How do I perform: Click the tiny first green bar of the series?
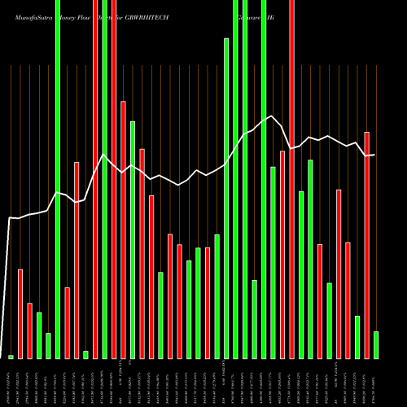[11, 357]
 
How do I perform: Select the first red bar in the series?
[20, 313]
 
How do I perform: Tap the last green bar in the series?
[375, 345]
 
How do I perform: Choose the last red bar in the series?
[366, 245]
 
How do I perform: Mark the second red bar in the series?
[29, 330]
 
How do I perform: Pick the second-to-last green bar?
[357, 337]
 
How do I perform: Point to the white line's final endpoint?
[374, 155]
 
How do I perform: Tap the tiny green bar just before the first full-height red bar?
[85, 354]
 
